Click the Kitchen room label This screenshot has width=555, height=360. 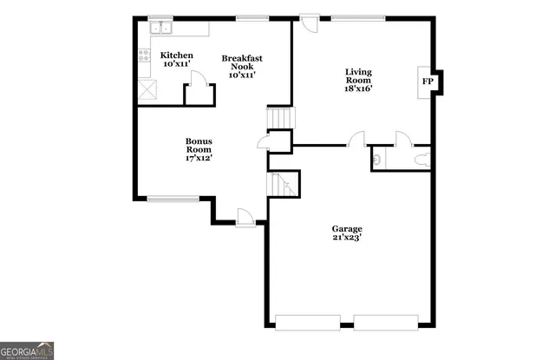point(177,56)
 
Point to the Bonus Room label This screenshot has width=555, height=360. point(199,148)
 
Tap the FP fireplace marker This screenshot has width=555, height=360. point(427,82)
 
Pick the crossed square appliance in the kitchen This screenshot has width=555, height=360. point(147,88)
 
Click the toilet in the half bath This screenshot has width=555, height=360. point(420,159)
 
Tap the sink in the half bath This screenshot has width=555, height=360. point(376,159)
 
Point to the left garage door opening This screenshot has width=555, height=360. point(308,322)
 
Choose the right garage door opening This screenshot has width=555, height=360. point(387,322)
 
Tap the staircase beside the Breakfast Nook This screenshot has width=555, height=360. point(279,118)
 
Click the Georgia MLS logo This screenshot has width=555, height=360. point(27,350)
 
